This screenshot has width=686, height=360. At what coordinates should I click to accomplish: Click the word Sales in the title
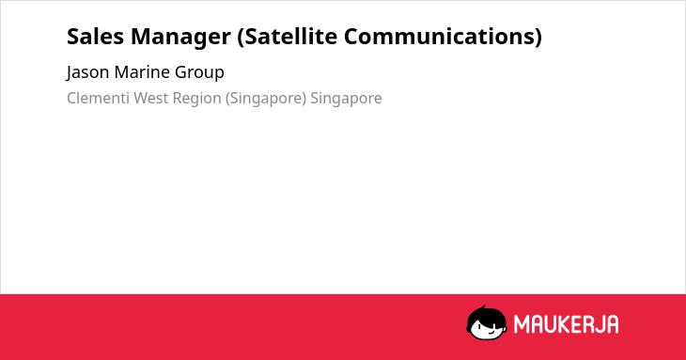coord(95,37)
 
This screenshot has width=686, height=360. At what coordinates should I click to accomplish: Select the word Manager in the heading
coord(180,38)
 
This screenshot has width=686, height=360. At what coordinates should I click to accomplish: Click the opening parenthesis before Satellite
coord(241,38)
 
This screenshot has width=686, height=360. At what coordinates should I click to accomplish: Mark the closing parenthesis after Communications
coord(538,38)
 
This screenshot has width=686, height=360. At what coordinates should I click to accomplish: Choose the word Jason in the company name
coord(88,72)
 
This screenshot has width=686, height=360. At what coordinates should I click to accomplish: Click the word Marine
coord(142,72)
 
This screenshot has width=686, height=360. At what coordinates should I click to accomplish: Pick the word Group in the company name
coord(199,73)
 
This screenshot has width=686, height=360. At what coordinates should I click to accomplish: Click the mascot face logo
coord(487,323)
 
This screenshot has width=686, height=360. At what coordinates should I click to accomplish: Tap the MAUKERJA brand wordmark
coord(566,324)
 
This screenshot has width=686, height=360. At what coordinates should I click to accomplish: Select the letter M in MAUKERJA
coord(522,324)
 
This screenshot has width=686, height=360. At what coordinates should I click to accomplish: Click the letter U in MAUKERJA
coord(550,324)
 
